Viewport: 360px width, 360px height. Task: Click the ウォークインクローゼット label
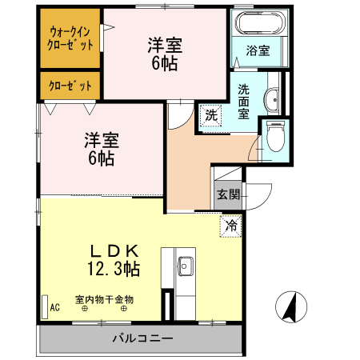pyautogui.click(x=70, y=38)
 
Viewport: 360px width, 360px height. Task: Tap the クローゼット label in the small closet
pyautogui.click(x=70, y=85)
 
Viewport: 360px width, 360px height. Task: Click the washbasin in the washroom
pyautogui.click(x=271, y=100)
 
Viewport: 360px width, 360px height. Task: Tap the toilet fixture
pyautogui.click(x=275, y=138)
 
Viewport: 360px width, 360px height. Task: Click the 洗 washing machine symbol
pyautogui.click(x=210, y=114)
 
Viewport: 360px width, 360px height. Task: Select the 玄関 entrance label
pyautogui.click(x=228, y=194)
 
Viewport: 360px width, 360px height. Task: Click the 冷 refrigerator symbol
pyautogui.click(x=231, y=226)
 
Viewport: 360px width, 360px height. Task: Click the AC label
pyautogui.click(x=55, y=306)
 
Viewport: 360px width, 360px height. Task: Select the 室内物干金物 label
pyautogui.click(x=104, y=301)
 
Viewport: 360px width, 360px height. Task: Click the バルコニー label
pyautogui.click(x=142, y=338)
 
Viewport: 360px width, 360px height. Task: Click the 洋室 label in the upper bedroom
pyautogui.click(x=164, y=46)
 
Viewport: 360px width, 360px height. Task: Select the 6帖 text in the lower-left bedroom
pyautogui.click(x=101, y=158)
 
